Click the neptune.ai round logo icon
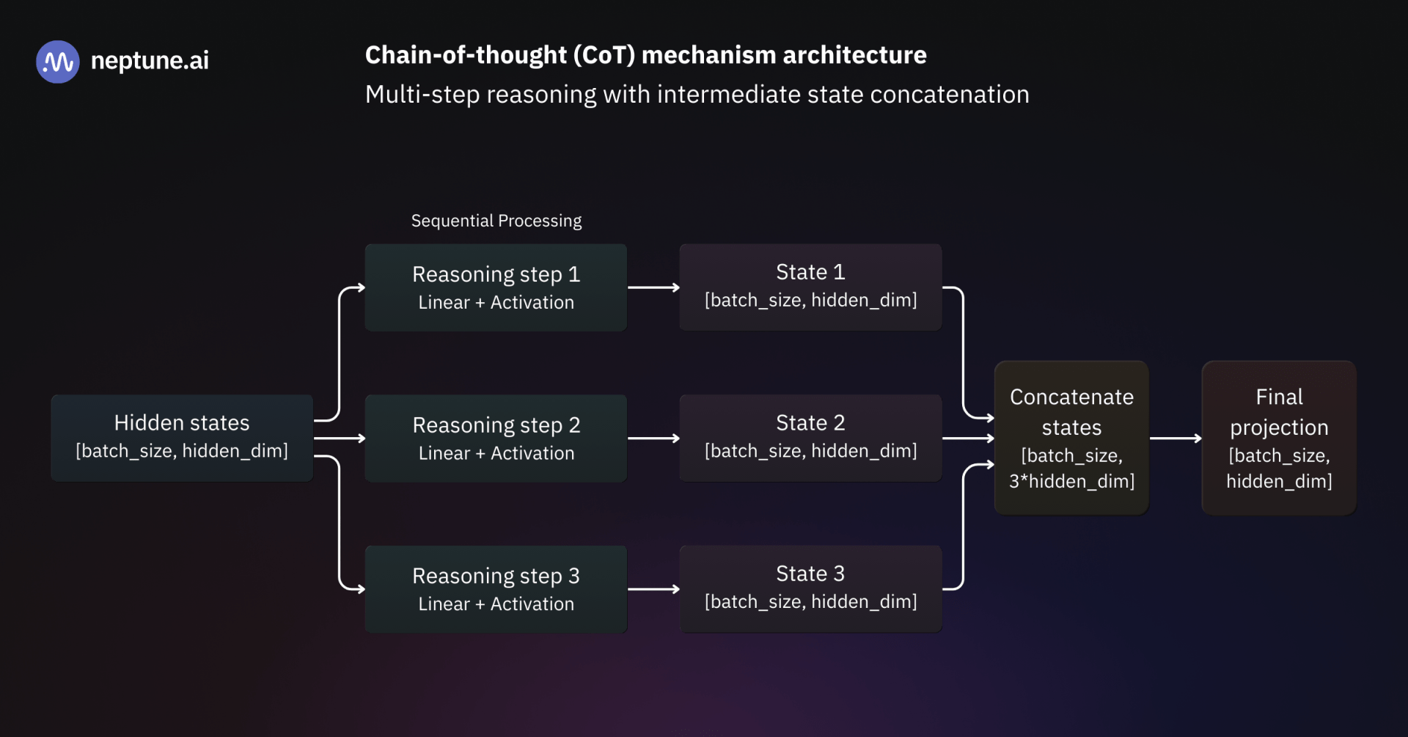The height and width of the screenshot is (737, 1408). coord(57,62)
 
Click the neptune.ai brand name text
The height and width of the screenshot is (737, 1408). coord(150,60)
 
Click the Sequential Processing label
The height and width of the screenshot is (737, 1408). coord(496,221)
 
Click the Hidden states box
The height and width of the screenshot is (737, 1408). coord(182,438)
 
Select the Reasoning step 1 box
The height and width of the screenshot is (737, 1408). coord(496,287)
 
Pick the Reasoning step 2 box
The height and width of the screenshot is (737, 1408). coord(496,438)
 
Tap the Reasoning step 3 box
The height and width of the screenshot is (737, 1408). coord(496,589)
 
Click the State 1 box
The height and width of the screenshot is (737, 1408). coord(810,287)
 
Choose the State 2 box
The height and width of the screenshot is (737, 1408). coord(810,438)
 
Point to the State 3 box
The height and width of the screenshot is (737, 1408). coord(810,589)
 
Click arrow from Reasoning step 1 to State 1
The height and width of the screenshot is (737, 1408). coord(653,287)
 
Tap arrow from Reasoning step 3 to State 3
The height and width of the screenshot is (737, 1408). coord(653,589)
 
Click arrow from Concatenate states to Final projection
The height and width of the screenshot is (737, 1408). coord(1175,439)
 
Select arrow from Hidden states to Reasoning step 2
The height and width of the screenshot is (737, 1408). coord(339,439)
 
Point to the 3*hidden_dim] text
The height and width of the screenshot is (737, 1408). coord(1071,482)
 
